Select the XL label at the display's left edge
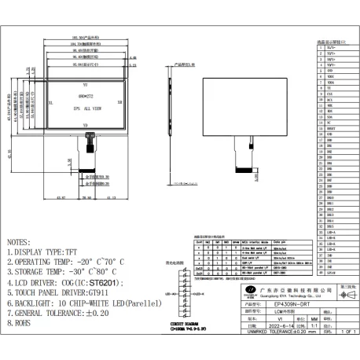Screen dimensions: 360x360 coord(50,102)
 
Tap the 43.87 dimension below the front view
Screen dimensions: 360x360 coord(61,198)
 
